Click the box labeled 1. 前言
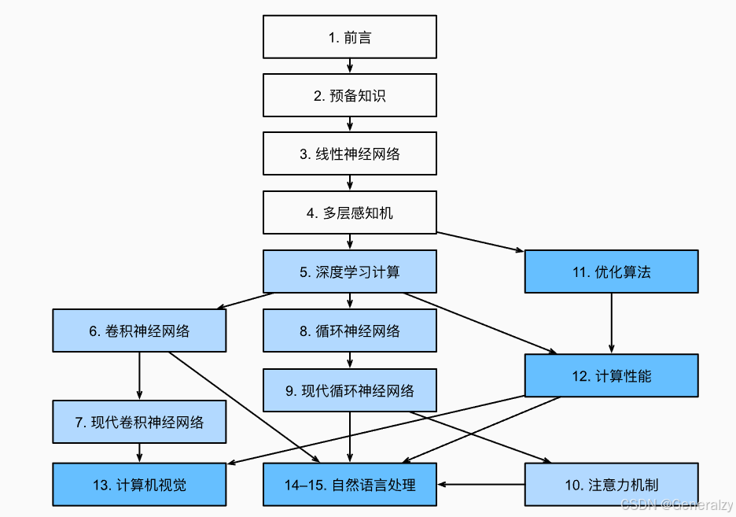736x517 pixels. click(349, 37)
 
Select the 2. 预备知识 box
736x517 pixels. click(349, 95)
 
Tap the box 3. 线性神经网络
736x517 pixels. click(349, 154)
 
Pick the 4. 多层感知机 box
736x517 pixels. click(349, 212)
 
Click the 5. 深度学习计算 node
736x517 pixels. click(349, 271)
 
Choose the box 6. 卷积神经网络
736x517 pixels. click(139, 331)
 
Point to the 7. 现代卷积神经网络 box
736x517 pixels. click(139, 422)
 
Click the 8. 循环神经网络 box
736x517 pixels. click(349, 331)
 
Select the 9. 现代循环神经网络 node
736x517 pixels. click(349, 390)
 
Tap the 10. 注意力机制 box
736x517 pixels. click(611, 484)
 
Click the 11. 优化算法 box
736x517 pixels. click(611, 271)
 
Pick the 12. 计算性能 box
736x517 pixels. click(611, 375)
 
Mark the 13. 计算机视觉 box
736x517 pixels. click(139, 484)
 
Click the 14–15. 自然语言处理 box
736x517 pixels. click(349, 484)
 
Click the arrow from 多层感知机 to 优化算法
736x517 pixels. click(480, 242)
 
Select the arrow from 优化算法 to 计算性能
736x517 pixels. click(611, 323)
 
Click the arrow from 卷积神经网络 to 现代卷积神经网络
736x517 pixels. click(139, 375)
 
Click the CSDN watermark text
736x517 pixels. click(676, 504)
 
